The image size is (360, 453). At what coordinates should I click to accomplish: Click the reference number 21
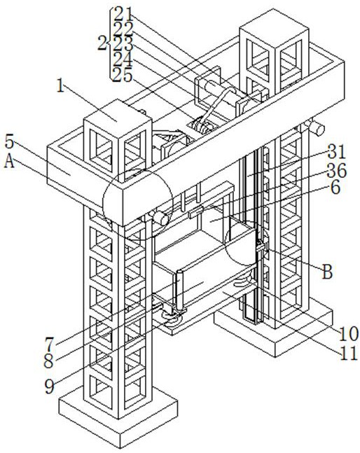click(123, 13)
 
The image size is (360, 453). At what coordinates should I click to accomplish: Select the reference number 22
click(123, 29)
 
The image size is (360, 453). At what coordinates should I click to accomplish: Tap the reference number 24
click(123, 60)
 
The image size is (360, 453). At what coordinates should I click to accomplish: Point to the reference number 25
click(122, 75)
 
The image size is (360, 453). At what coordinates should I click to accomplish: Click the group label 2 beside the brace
click(102, 43)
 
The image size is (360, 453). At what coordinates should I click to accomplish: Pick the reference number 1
click(60, 85)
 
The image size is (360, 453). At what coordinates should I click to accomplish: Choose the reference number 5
click(9, 142)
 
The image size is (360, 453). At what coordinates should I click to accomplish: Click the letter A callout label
click(9, 161)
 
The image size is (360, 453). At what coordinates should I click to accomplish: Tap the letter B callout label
click(327, 272)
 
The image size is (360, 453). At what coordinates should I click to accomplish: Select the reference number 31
click(337, 152)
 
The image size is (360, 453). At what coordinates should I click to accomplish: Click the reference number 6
click(336, 188)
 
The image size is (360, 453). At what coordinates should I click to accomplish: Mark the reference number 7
click(50, 344)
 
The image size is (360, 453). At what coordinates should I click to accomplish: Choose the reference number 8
click(48, 361)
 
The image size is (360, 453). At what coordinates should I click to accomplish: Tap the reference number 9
click(50, 386)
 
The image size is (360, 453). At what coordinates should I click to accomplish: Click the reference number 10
click(348, 335)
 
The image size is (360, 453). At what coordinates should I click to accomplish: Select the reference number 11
click(349, 354)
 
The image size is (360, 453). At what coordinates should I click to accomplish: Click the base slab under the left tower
click(118, 416)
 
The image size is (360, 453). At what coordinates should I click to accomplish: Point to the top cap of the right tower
click(274, 27)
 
